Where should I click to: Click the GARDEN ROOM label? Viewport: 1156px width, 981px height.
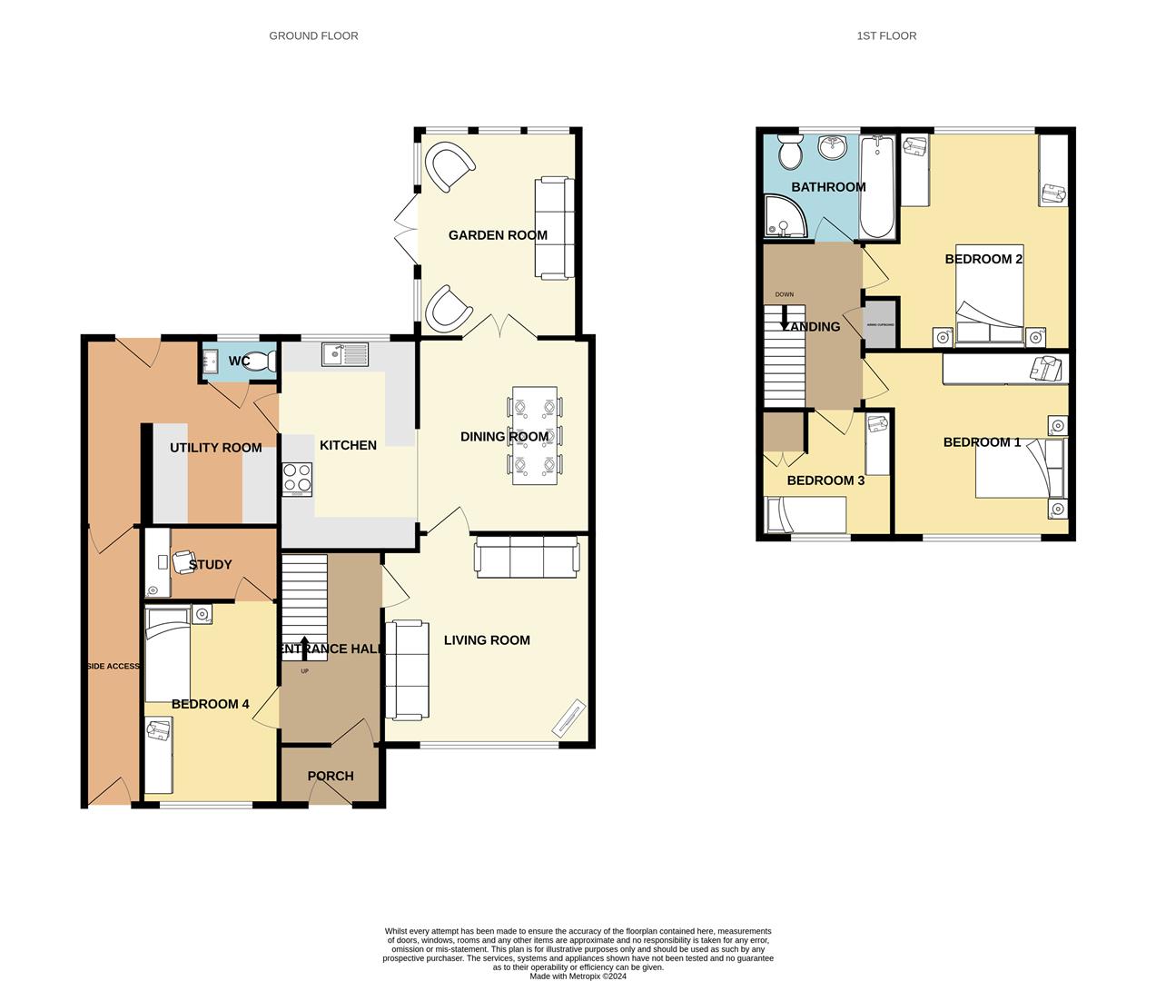(498, 235)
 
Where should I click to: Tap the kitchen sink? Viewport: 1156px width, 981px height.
(343, 354)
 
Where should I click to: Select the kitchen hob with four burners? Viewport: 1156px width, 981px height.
(297, 479)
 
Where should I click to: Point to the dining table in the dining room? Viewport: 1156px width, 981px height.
(535, 436)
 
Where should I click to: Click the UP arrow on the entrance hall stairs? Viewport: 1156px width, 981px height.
(303, 647)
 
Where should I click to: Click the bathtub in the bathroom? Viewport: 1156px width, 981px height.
(877, 186)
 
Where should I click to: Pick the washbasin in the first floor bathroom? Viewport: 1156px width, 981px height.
(832, 147)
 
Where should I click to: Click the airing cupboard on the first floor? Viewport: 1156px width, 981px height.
(880, 324)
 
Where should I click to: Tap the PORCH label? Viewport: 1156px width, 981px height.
(331, 777)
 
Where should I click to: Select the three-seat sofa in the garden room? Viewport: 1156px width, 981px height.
(553, 227)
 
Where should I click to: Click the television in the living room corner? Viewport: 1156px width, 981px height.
(568, 718)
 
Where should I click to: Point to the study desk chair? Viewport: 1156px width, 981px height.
(183, 562)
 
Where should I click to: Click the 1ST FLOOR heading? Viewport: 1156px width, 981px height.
(886, 36)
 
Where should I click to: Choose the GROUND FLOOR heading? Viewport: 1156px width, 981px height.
(313, 36)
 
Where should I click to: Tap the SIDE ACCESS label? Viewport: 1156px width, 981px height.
(113, 667)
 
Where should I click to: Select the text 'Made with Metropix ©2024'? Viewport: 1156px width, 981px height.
(578, 976)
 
